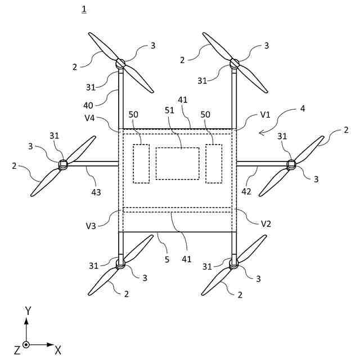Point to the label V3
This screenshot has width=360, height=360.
point(91,226)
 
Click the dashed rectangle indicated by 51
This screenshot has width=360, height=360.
point(177,164)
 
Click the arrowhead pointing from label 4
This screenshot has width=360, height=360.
point(259,133)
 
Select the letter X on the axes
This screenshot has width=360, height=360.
point(58,351)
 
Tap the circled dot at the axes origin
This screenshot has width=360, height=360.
point(26,344)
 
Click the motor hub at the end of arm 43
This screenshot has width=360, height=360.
point(63,164)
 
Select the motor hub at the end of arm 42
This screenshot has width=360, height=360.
point(291,164)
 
